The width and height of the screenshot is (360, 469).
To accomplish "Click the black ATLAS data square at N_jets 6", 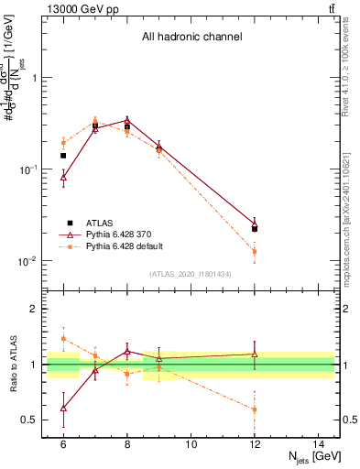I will coord(63,156).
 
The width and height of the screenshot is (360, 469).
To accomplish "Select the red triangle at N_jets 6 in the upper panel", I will coord(63,179).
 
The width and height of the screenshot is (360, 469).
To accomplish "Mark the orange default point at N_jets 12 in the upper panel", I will coord(255,251).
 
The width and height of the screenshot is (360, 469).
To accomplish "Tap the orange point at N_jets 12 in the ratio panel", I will coord(255,409).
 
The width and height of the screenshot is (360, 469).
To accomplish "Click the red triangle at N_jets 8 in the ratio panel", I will coord(127,351).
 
